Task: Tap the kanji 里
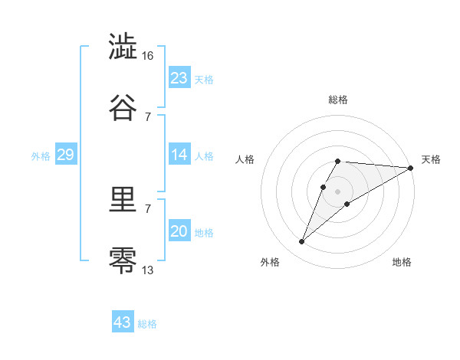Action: (x=123, y=201)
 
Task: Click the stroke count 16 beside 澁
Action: (x=148, y=56)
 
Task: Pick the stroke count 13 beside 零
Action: (x=148, y=269)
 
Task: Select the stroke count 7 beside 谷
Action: (x=148, y=116)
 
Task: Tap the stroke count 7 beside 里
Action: (x=148, y=209)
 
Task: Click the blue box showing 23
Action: (x=179, y=78)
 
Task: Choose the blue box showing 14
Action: (x=179, y=155)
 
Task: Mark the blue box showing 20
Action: (x=179, y=231)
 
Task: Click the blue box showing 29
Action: (x=65, y=155)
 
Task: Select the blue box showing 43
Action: (x=123, y=322)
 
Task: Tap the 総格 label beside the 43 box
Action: (x=147, y=324)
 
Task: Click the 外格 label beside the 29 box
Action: (x=41, y=156)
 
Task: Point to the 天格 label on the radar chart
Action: (x=431, y=159)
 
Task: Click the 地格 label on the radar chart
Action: (x=402, y=262)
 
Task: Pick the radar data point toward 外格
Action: (x=302, y=242)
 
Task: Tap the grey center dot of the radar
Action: (x=338, y=191)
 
